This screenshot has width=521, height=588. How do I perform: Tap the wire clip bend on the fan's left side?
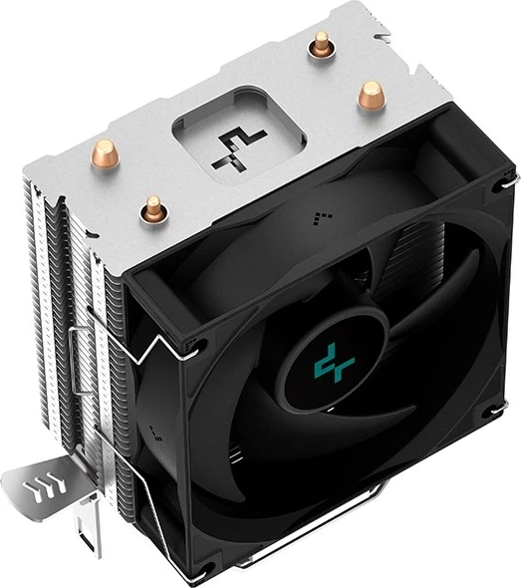tap(139, 354)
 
